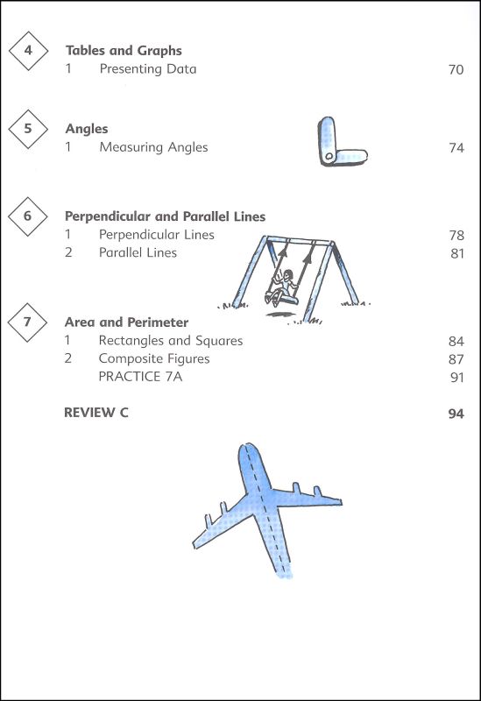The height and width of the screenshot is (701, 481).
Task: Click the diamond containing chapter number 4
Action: click(x=28, y=51)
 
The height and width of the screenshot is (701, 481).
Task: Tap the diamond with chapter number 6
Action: click(x=28, y=216)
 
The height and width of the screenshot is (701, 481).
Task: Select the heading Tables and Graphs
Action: click(x=124, y=51)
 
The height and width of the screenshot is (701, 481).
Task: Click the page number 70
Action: click(x=456, y=70)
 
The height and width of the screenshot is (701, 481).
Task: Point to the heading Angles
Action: click(x=87, y=129)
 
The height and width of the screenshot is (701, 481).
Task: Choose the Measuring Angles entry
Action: click(x=153, y=147)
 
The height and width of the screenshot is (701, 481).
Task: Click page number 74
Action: click(x=456, y=148)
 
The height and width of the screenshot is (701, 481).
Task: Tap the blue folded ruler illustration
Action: click(x=343, y=142)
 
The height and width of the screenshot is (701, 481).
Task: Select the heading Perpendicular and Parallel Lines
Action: click(x=165, y=216)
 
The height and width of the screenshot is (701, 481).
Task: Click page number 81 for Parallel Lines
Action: click(x=457, y=253)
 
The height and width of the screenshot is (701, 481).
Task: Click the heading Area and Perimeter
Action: click(x=126, y=322)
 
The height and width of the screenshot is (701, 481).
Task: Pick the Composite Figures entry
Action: click(x=154, y=359)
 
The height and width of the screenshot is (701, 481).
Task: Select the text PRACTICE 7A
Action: click(x=140, y=377)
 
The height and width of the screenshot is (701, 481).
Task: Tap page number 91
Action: click(x=457, y=378)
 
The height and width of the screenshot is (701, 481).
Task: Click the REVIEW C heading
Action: click(x=96, y=412)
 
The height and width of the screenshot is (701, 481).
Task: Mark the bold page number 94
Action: click(x=456, y=414)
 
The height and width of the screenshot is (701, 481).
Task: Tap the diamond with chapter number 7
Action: click(x=27, y=322)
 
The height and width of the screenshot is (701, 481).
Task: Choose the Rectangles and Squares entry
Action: click(x=170, y=341)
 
